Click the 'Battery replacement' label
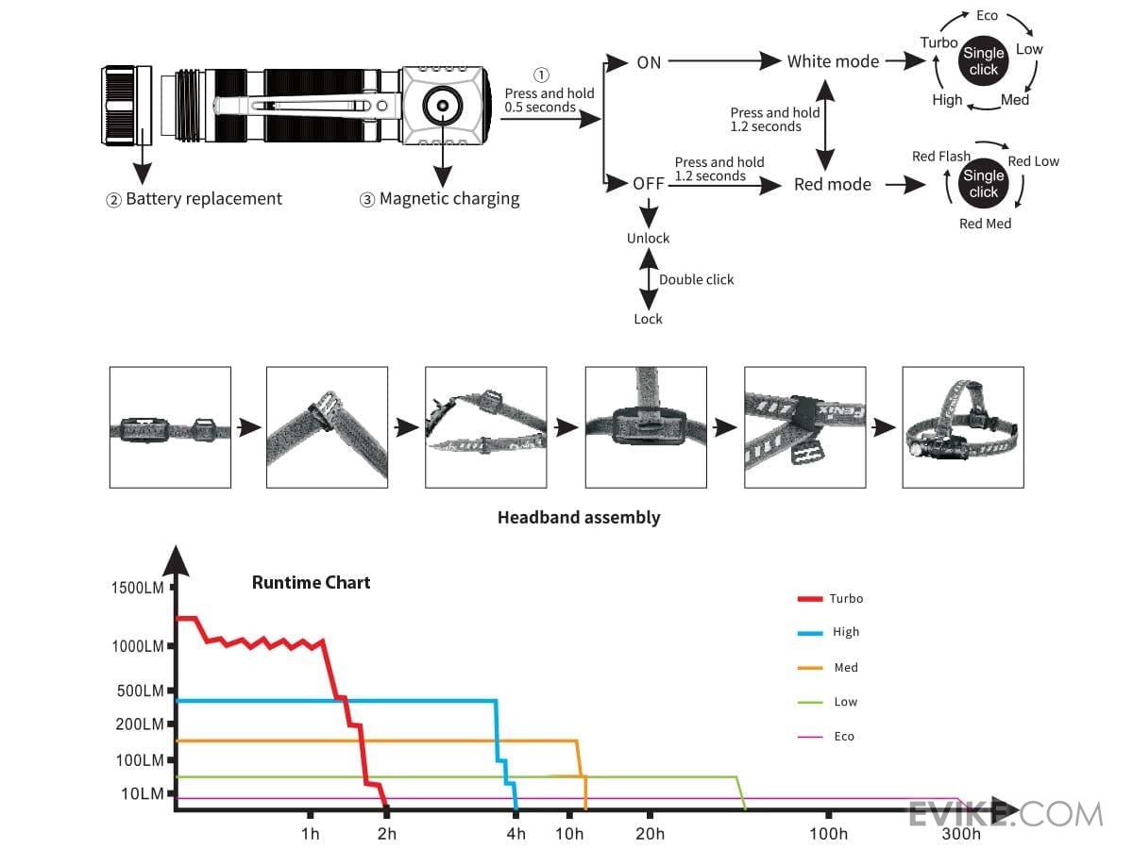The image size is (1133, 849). point(203,199)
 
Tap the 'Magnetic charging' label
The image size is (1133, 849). point(448,199)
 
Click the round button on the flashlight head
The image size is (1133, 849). point(440,106)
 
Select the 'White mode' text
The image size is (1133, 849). point(833,61)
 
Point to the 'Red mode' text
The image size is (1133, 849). point(832,184)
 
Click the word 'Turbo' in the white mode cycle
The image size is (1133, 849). point(939,42)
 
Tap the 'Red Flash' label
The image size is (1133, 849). point(940,157)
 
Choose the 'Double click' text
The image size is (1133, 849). point(696,279)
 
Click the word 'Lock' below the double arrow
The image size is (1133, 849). point(648,319)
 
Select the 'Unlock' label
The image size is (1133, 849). point(648,239)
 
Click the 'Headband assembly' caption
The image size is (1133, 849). point(579,517)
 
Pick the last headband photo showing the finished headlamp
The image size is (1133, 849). point(962,427)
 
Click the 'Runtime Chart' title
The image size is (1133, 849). point(311,582)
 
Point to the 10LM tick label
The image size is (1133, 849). point(142,793)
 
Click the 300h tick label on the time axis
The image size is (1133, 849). point(960,834)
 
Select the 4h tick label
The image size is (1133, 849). point(516,834)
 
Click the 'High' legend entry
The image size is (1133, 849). point(846,633)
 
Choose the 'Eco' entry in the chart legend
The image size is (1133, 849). point(843,737)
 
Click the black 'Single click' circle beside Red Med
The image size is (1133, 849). point(983,184)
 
